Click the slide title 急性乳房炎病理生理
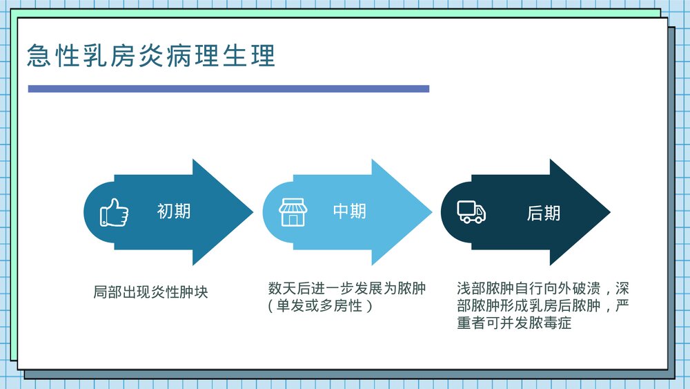click(x=151, y=56)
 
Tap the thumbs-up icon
click(x=115, y=212)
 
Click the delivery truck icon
click(x=471, y=212)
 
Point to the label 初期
click(x=174, y=211)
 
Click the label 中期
click(x=350, y=211)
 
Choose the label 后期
click(x=544, y=213)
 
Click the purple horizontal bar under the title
click(x=228, y=88)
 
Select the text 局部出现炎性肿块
click(x=150, y=292)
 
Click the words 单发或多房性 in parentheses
click(x=320, y=305)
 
